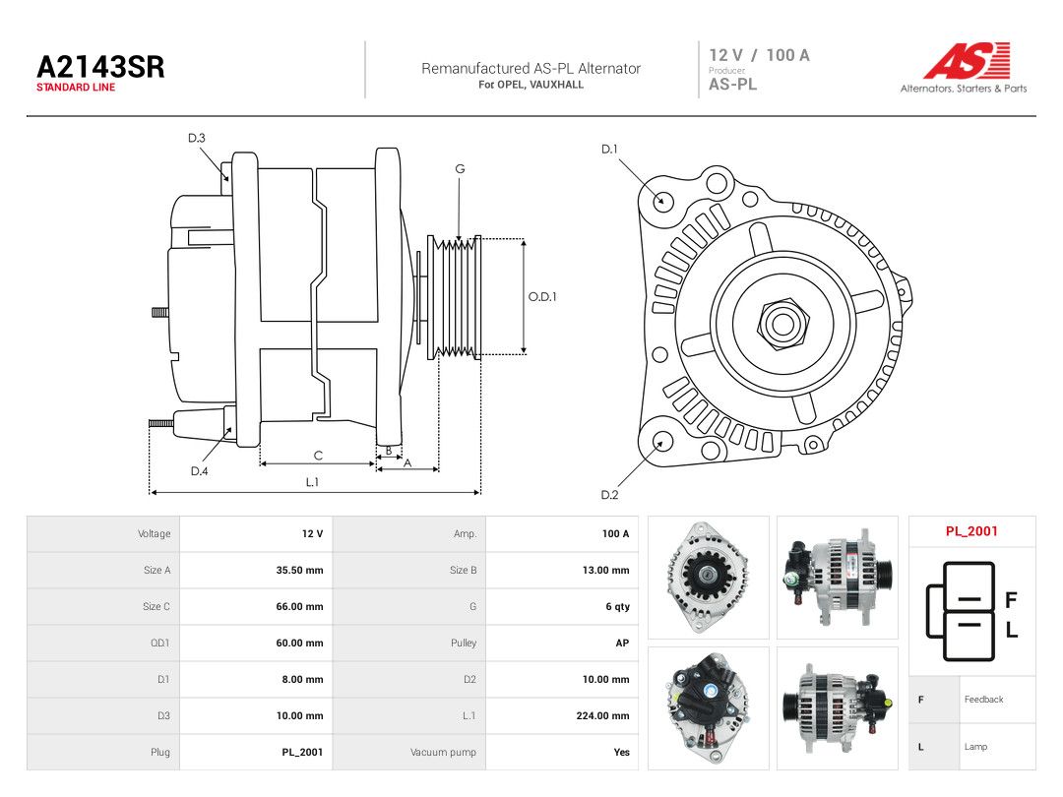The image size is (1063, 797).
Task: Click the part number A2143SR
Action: pyautogui.click(x=100, y=67)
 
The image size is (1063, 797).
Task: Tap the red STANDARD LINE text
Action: pyautogui.click(x=76, y=88)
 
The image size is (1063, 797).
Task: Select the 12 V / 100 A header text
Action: pyautogui.click(x=759, y=55)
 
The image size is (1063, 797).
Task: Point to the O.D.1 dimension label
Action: pyautogui.click(x=542, y=297)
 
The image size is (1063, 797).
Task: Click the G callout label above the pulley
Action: pyautogui.click(x=460, y=169)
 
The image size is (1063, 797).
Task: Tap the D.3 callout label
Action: pyautogui.click(x=197, y=139)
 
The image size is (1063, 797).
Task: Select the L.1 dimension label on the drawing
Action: pyautogui.click(x=312, y=482)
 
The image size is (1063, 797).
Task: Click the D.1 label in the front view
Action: pyautogui.click(x=609, y=150)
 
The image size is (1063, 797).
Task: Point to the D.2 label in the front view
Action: pyautogui.click(x=609, y=495)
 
